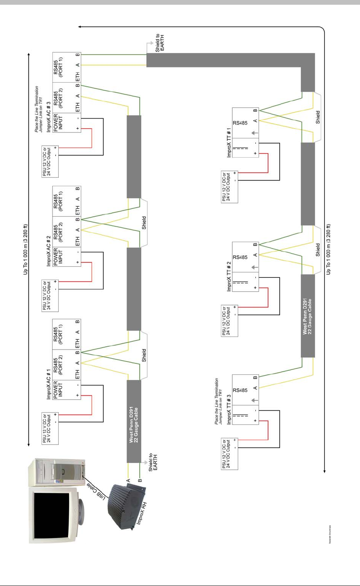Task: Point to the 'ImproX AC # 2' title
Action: [49, 246]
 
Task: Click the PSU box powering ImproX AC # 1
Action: [50, 428]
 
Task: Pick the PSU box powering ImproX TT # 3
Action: [229, 454]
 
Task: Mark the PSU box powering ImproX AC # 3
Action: [50, 162]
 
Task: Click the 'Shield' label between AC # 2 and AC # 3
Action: [144, 223]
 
